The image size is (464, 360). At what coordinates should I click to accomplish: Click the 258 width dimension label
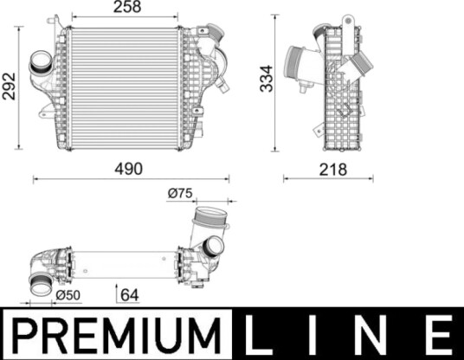click(x=127, y=7)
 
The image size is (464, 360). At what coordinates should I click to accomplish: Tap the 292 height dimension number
click(x=9, y=86)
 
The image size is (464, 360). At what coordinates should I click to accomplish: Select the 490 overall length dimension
click(x=129, y=169)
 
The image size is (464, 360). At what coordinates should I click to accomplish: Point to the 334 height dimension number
click(x=266, y=79)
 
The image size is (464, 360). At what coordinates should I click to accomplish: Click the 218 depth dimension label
click(x=332, y=170)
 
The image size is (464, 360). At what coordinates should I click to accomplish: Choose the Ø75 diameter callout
click(x=180, y=193)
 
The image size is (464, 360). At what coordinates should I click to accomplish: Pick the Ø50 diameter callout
click(x=68, y=295)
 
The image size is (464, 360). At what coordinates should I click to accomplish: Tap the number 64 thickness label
click(x=130, y=295)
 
